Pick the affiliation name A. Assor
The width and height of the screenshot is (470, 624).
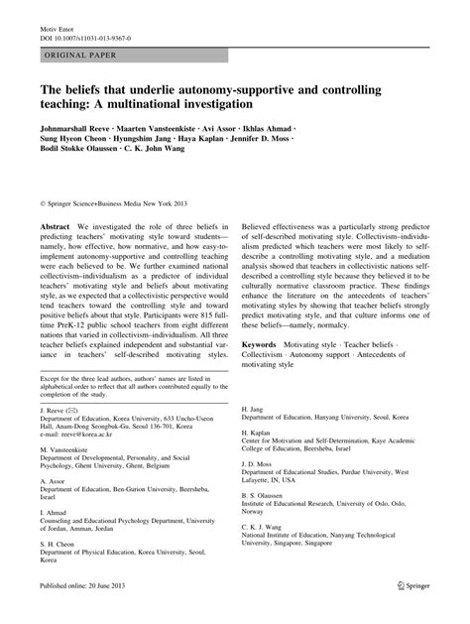tap(54, 481)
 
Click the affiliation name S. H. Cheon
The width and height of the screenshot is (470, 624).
tap(59, 545)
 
